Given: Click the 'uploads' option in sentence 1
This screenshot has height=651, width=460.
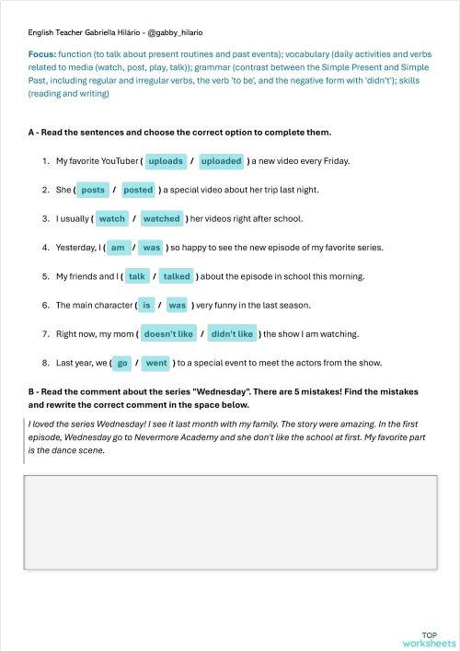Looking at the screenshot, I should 166,161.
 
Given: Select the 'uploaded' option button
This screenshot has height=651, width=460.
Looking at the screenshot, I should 221,161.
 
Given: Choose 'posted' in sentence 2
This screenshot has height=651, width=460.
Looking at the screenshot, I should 138,190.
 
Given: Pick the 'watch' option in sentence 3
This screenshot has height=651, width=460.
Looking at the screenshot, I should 112,219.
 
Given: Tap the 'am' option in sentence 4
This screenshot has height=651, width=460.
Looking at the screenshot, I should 117,248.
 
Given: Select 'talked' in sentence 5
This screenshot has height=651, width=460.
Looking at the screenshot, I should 176,276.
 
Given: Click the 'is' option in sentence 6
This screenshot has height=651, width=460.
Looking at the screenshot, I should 146,305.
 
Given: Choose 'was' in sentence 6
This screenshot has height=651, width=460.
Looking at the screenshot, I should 177,305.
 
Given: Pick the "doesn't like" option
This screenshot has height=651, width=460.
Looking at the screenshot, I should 168,334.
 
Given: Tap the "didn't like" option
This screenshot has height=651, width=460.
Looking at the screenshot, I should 232,334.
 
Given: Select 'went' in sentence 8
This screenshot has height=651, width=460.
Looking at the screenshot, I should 156,363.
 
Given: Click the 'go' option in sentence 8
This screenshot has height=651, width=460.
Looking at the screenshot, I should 122,363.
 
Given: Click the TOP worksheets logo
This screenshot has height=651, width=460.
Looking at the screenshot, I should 429,639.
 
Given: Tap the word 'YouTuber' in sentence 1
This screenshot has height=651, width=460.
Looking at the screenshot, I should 118,161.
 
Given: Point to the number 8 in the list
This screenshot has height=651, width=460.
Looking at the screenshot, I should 45,363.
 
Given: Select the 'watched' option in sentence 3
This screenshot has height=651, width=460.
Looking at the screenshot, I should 162,219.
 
